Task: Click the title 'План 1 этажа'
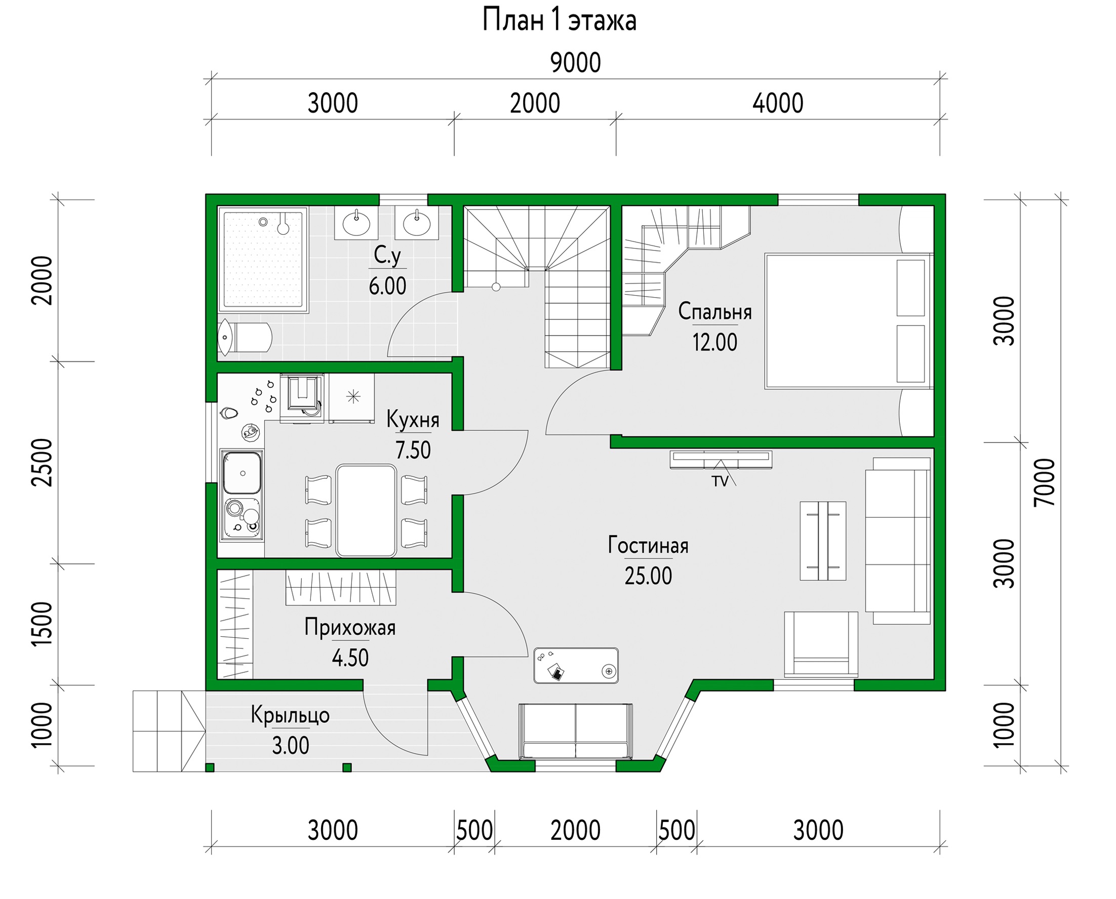(x=559, y=21)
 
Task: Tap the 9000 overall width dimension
(x=575, y=63)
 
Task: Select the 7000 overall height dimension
(x=1044, y=482)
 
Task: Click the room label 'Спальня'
(x=715, y=311)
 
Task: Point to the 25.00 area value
(x=648, y=576)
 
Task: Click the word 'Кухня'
(x=413, y=420)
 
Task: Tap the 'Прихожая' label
(x=350, y=627)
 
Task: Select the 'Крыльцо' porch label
(x=290, y=715)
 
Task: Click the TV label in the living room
(x=720, y=481)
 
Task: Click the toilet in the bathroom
(x=245, y=337)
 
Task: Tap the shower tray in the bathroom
(x=263, y=260)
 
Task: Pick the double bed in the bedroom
(x=849, y=321)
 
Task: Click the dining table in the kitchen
(x=366, y=511)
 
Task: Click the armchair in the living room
(x=821, y=644)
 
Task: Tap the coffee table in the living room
(x=823, y=541)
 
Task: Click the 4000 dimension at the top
(x=778, y=104)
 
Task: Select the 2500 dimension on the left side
(x=42, y=463)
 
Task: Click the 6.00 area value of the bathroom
(x=387, y=286)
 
